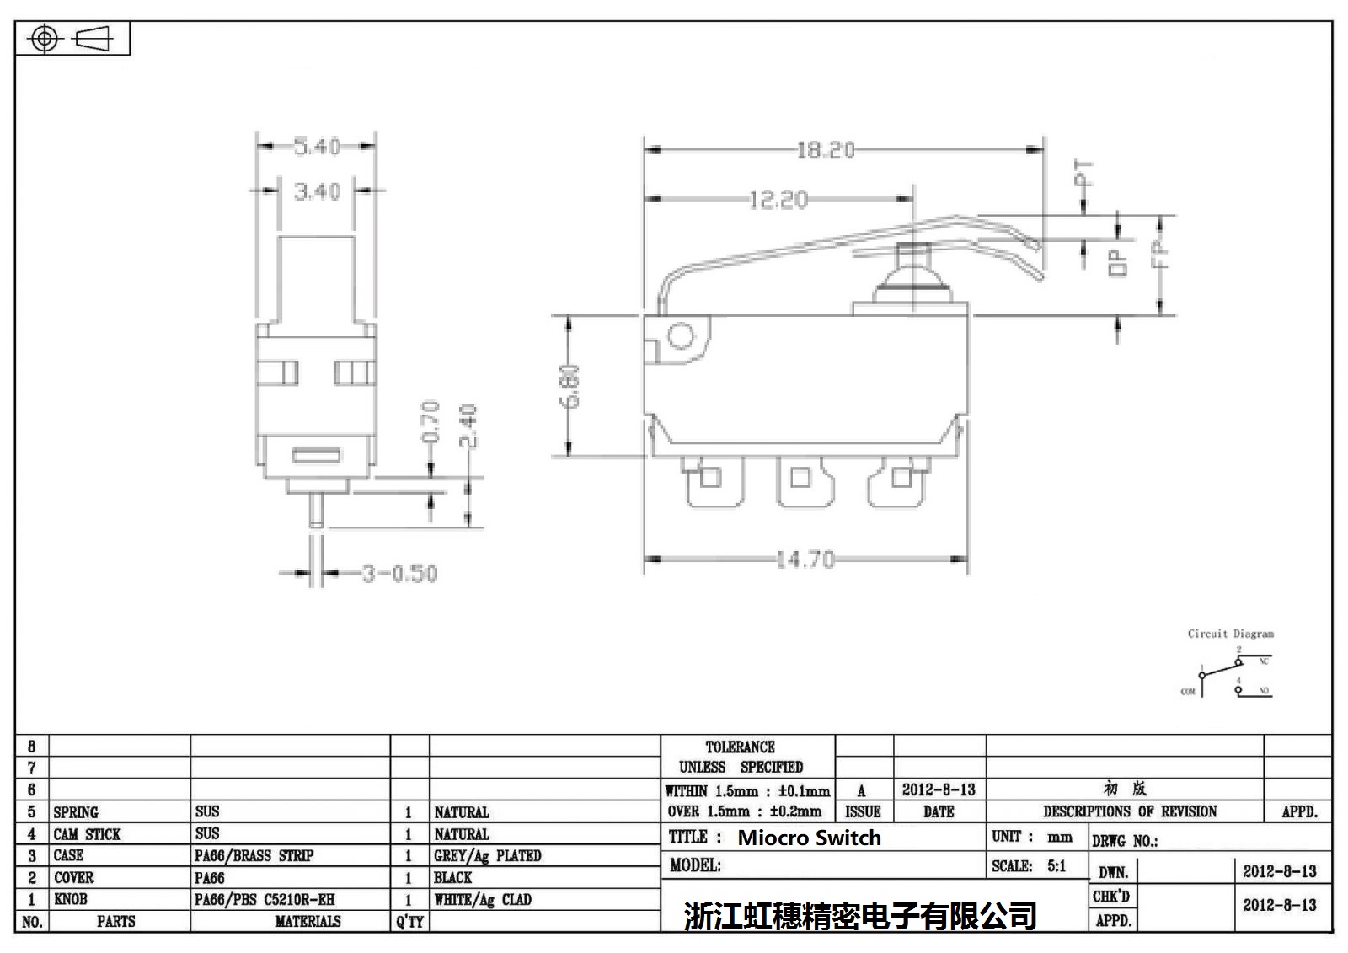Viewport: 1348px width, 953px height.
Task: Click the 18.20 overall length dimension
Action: click(x=826, y=150)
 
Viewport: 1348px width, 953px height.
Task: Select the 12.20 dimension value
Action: click(x=778, y=200)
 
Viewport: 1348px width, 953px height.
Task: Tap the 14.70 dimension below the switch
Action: click(x=805, y=559)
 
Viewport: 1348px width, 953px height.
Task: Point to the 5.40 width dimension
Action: click(x=317, y=146)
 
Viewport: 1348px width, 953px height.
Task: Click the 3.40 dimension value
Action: click(x=317, y=191)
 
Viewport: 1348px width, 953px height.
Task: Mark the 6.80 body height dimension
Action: click(x=570, y=386)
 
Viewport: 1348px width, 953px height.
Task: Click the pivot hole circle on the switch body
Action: click(x=679, y=337)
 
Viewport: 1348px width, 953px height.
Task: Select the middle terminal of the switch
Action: click(x=800, y=480)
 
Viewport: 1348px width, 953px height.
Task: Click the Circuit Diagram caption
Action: click(x=1230, y=634)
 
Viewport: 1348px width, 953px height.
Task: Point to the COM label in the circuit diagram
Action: click(x=1188, y=692)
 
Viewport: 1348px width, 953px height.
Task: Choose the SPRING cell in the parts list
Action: click(x=76, y=812)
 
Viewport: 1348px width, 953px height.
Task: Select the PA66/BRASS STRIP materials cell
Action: click(x=254, y=855)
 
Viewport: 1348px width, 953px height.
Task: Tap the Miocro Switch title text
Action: click(x=809, y=838)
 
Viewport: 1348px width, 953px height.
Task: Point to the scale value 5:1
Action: click(x=1056, y=865)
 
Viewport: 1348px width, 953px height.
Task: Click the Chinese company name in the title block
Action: click(x=860, y=915)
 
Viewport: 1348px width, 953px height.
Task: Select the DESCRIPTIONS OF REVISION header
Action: click(x=1130, y=811)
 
